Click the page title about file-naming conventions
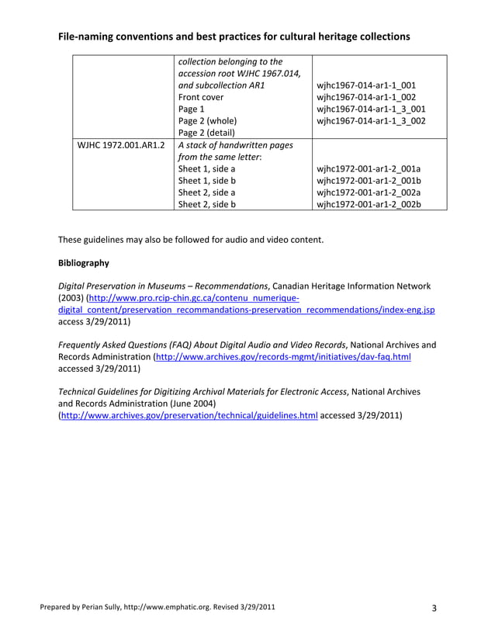pyautogui.click(x=234, y=36)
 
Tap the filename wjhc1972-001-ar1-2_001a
pyautogui.click(x=369, y=168)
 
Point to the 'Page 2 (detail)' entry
pyautogui.click(x=206, y=133)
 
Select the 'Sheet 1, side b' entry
pyautogui.click(x=207, y=181)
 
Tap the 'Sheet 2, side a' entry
pyautogui.click(x=207, y=192)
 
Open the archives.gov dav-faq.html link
pyautogui.click(x=283, y=357)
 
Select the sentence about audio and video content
pyautogui.click(x=191, y=239)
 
